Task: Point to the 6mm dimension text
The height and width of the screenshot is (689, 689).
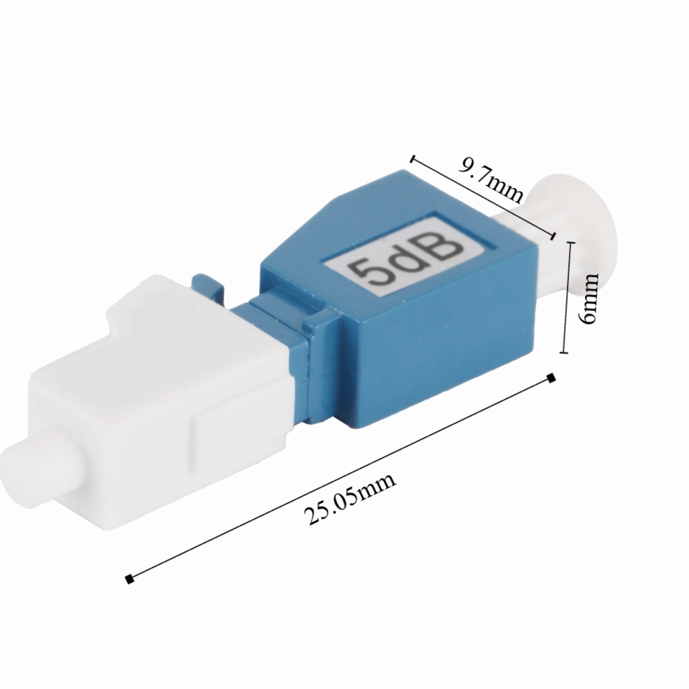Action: point(590,297)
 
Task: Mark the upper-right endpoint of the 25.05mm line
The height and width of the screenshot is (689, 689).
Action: point(551,378)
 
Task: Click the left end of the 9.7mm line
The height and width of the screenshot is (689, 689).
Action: point(413,156)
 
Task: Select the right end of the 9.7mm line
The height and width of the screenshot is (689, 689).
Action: point(554,235)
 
